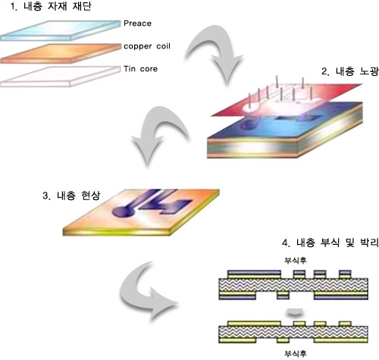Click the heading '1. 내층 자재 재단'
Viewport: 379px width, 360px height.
coord(51,7)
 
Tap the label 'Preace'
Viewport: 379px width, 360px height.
coord(137,23)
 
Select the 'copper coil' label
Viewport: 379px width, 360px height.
coord(147,46)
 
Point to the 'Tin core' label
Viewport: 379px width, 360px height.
coord(140,69)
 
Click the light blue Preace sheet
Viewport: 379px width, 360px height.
coord(60,30)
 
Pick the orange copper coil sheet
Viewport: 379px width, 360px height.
coord(61,53)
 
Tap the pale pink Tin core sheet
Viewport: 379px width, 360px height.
coord(60,77)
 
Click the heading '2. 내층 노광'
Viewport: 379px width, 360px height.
coord(350,72)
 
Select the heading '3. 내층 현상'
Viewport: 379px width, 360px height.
coord(71,196)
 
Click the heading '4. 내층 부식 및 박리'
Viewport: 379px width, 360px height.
coord(330,243)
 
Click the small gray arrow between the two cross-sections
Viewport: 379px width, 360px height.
coord(295,313)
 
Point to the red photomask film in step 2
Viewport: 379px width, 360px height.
coord(286,100)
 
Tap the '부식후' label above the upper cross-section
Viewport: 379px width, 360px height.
coord(296,260)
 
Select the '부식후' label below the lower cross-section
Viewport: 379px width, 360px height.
coord(296,353)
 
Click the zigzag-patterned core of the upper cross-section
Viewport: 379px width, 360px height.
coord(293,285)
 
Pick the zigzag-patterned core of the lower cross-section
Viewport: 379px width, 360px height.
coord(293,332)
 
